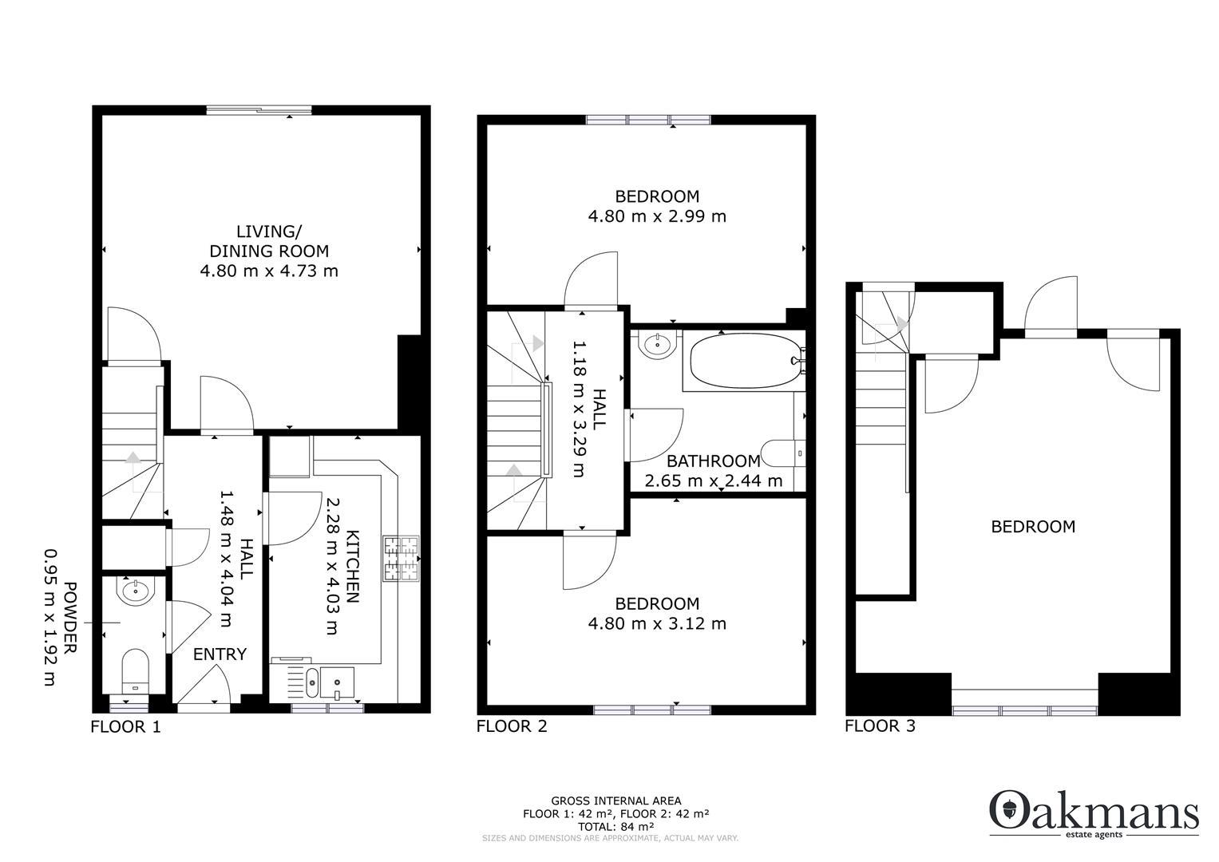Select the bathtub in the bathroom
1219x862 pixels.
tap(742, 362)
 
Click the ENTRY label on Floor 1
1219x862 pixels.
tap(220, 654)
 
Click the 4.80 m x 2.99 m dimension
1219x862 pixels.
tap(657, 216)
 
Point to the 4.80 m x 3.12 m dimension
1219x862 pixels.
tap(657, 624)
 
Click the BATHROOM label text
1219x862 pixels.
tap(713, 461)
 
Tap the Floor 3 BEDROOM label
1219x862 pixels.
tap(1033, 527)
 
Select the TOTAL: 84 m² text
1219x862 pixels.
tap(615, 827)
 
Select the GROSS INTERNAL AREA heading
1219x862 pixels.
tap(615, 801)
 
